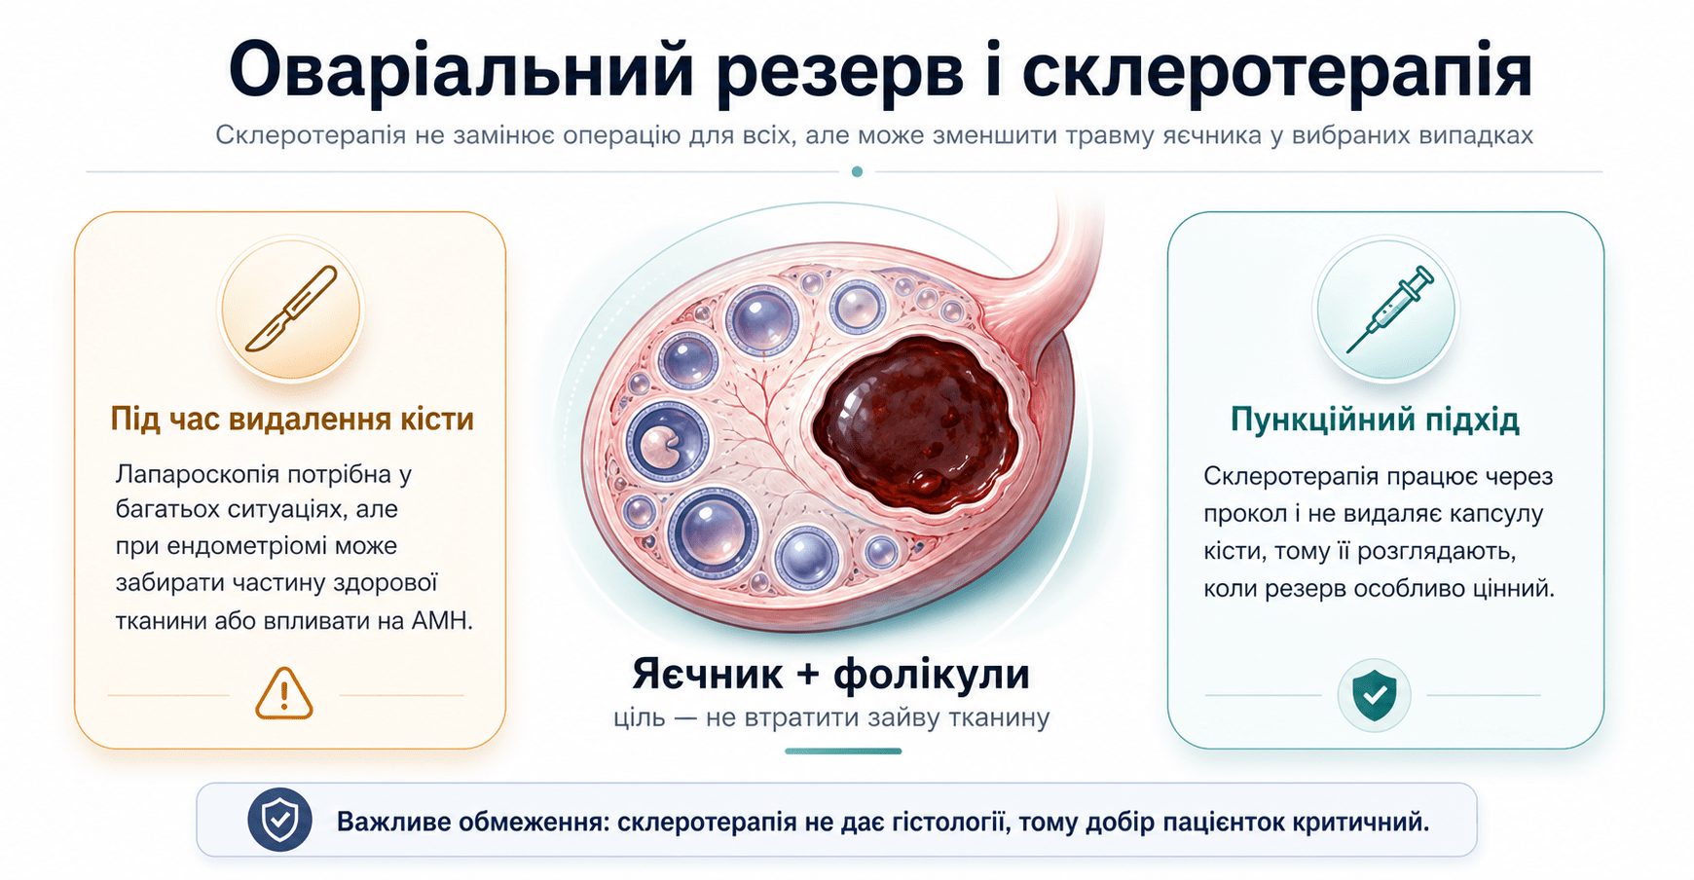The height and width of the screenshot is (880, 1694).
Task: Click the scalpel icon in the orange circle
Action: (x=291, y=309)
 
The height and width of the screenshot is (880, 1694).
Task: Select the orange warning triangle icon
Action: (x=283, y=694)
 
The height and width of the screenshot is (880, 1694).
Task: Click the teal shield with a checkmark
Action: (x=1374, y=695)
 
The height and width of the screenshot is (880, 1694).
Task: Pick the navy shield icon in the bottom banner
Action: (x=279, y=820)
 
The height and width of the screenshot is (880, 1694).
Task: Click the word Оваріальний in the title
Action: (x=460, y=71)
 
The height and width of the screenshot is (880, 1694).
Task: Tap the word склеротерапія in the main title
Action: (x=1277, y=71)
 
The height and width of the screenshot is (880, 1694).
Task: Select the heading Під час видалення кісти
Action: (x=292, y=420)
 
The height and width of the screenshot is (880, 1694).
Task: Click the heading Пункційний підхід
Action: (x=1375, y=420)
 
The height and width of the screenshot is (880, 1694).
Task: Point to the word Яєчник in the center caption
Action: (x=708, y=674)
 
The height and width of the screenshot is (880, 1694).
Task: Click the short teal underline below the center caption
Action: (x=843, y=751)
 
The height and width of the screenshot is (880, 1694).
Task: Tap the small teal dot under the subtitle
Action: (x=857, y=171)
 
